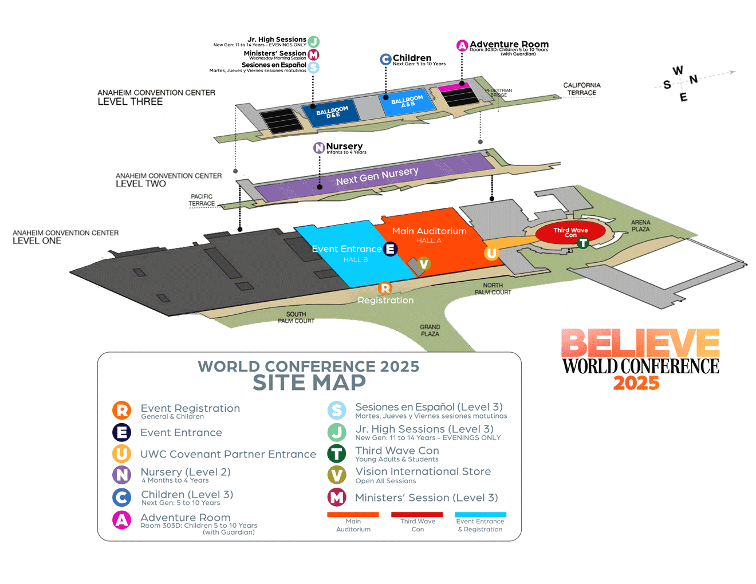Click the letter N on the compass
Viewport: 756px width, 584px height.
[x=694, y=79]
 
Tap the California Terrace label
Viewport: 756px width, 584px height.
[x=582, y=89]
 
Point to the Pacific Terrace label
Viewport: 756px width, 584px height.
[x=202, y=200]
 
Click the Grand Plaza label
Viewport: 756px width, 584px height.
[x=430, y=330]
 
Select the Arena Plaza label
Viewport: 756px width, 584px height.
[x=641, y=226]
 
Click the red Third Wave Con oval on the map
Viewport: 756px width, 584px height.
[x=570, y=232]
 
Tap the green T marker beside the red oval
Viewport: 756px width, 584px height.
[x=583, y=243]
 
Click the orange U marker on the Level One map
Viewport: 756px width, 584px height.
[x=491, y=253]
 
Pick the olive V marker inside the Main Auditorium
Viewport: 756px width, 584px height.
[x=424, y=264]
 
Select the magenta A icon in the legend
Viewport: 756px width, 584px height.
[x=121, y=519]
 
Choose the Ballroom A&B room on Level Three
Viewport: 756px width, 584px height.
[x=407, y=102]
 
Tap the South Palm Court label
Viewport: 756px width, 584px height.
[x=296, y=317]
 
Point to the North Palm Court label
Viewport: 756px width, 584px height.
[x=493, y=289]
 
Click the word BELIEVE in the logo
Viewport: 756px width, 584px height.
[x=640, y=344]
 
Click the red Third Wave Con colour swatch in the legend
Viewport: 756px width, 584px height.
[x=417, y=514]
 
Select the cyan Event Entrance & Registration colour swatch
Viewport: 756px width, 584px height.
[x=481, y=514]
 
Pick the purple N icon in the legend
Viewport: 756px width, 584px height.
[x=121, y=475]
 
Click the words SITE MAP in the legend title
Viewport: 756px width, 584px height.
[x=309, y=382]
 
